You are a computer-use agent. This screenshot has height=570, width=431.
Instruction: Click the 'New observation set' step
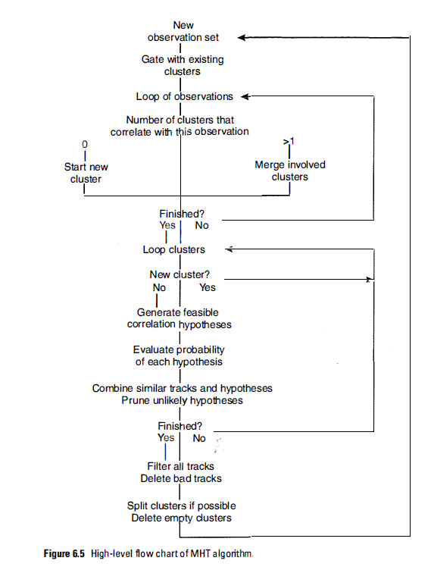tap(183, 31)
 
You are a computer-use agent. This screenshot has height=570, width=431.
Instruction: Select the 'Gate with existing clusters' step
tap(183, 65)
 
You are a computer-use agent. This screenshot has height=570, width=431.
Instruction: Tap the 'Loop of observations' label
tap(185, 96)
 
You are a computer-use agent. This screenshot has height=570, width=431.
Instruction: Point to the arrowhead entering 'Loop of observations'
tap(245, 96)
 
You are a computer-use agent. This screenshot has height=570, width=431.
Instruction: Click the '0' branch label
tap(85, 144)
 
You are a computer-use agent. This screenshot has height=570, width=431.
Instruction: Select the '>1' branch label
tap(288, 142)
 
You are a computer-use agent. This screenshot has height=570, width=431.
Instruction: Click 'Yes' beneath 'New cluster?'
tap(207, 287)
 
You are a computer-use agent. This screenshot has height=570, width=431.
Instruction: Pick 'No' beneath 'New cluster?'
tap(159, 287)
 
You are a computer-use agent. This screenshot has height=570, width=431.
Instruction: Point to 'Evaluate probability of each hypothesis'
tap(179, 355)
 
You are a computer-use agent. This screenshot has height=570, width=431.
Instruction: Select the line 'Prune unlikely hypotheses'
tap(182, 400)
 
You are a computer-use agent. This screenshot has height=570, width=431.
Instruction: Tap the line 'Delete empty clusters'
tap(181, 518)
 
